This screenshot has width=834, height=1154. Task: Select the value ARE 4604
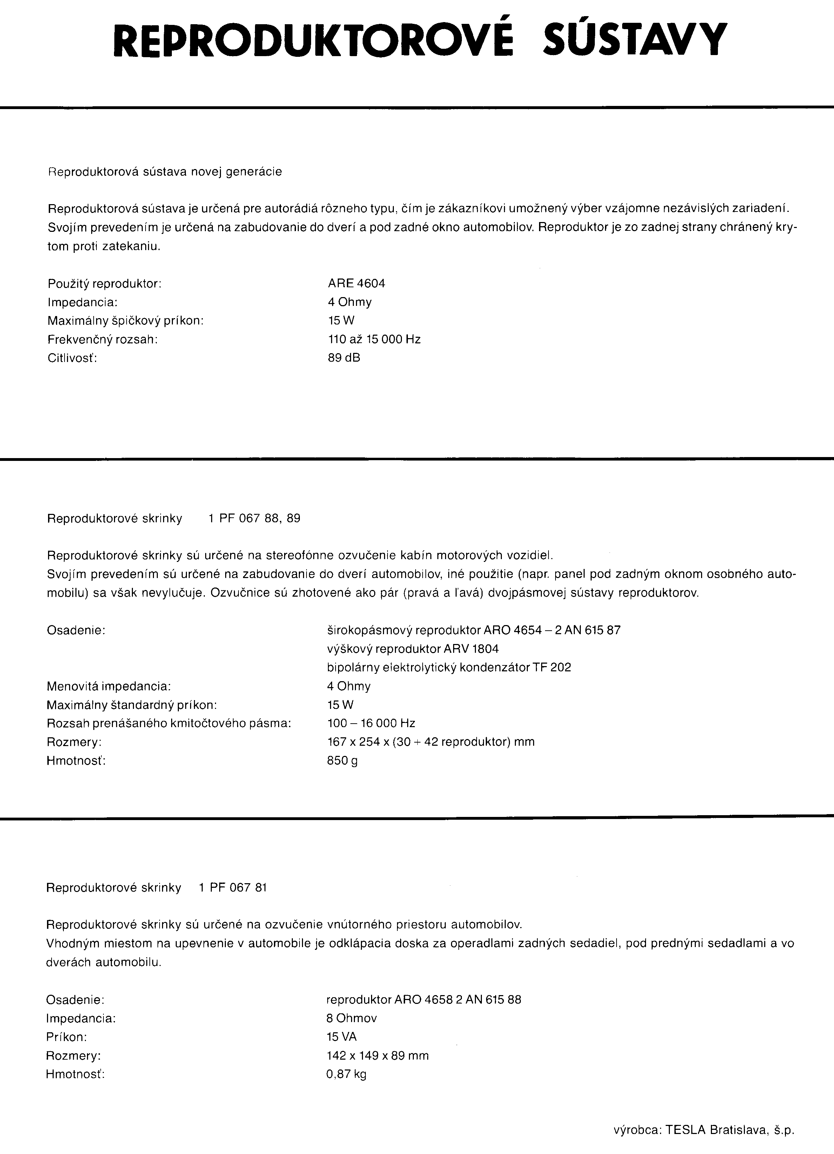356,283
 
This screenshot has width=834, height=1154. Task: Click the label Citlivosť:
72,358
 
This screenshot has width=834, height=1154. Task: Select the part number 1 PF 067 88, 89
254,518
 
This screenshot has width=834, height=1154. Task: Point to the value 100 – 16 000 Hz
371,723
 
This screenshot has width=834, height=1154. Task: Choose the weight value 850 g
342,761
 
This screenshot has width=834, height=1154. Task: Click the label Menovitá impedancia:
108,686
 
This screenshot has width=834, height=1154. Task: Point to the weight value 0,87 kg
346,1074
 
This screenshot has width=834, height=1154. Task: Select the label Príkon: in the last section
66,1037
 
